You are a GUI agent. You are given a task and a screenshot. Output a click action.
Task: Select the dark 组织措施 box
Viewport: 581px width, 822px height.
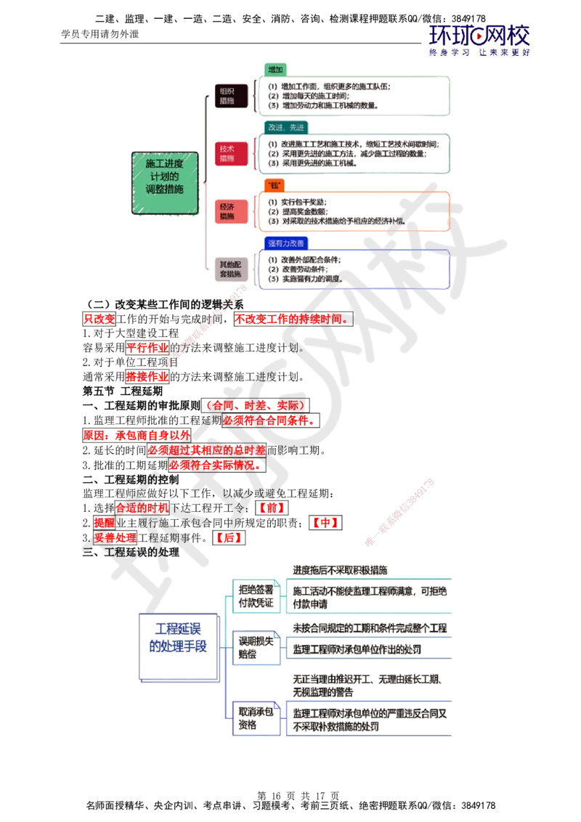point(227,96)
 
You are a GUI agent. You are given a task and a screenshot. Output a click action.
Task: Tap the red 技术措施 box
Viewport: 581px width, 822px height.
point(227,153)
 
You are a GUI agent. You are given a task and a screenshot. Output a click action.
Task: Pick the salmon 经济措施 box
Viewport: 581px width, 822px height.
point(227,211)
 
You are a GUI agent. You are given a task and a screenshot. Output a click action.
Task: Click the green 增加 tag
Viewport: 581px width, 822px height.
point(275,70)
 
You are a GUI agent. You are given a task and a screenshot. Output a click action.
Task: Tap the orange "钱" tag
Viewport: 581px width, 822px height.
point(275,185)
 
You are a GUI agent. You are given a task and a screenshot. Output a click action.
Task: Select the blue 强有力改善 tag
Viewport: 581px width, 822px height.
point(285,243)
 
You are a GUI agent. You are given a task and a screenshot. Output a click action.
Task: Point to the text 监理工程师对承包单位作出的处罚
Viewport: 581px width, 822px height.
point(357,648)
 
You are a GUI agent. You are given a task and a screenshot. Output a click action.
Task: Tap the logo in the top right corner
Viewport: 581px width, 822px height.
point(480,40)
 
